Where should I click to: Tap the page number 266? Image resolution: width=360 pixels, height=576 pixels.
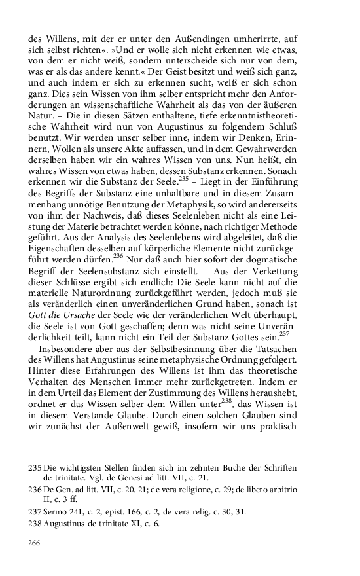click(35, 543)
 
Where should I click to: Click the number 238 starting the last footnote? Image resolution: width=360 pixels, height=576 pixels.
click(35, 522)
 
